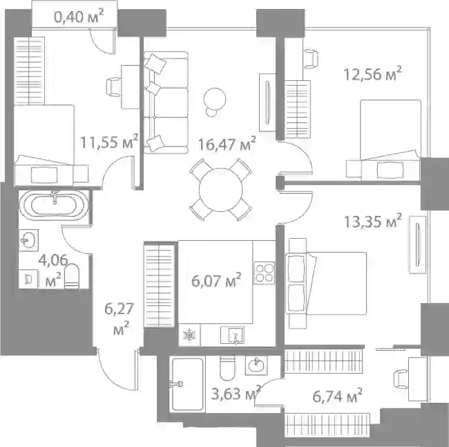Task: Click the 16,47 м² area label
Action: point(227,144)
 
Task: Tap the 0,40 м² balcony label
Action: point(79,16)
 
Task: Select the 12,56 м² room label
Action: point(372,74)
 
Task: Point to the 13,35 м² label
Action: point(372,221)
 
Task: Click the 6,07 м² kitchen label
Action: point(216,280)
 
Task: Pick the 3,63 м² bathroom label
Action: point(236,393)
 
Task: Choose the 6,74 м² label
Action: point(337,396)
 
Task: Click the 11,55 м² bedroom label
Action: point(109,141)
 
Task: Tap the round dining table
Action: point(221,190)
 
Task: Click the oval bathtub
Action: point(54,206)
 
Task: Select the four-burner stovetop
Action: point(264,273)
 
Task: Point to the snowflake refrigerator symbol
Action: point(189,335)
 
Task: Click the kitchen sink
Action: point(232,335)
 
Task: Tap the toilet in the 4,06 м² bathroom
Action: point(72,275)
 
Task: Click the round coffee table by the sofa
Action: point(214,98)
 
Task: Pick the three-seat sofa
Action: point(166,102)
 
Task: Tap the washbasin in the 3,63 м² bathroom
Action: point(256,365)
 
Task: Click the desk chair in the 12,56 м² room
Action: point(311,59)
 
